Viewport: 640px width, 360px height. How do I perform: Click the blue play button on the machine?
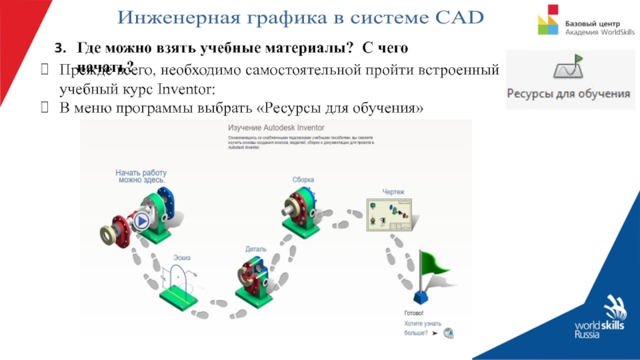(x=142, y=221)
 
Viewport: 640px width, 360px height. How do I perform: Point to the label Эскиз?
(x=182, y=258)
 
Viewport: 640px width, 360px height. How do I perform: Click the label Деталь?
(x=256, y=250)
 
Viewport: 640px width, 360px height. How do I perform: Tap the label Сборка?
(x=303, y=180)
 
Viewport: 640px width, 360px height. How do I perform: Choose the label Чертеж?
(x=393, y=192)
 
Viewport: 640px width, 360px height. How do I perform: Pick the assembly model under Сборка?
(x=304, y=210)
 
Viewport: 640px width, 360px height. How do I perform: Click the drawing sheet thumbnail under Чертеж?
(x=389, y=214)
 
